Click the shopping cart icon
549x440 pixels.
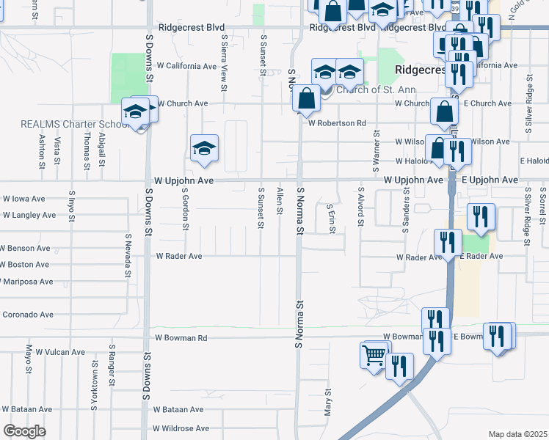click(x=374, y=356)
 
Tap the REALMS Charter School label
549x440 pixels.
click(x=69, y=124)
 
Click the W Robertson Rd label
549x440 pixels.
click(x=337, y=123)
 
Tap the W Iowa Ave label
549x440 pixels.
click(x=23, y=199)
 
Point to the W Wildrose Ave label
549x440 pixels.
click(x=181, y=428)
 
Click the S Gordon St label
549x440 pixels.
click(x=186, y=208)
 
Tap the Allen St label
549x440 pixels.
click(x=280, y=201)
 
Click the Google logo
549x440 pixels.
click(x=24, y=431)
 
